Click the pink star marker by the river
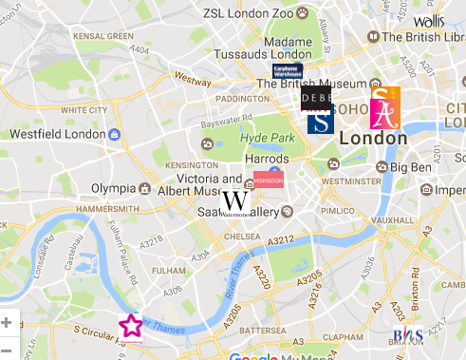(131, 326)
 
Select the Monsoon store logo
(267, 179)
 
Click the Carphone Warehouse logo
(286, 72)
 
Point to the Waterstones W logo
(235, 202)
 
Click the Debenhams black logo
(316, 98)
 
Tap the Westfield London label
(58, 134)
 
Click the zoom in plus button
(7, 323)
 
